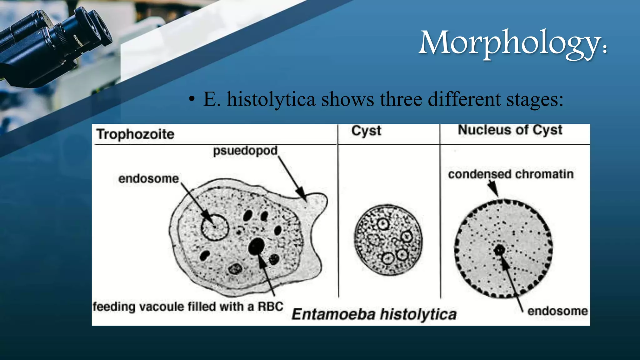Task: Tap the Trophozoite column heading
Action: (135, 134)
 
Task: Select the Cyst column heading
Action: (366, 131)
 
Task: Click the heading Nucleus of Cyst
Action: (510, 130)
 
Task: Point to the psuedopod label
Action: (245, 151)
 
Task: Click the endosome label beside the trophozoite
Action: (148, 178)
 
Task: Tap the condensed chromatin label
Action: (511, 174)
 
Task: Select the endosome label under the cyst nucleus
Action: (557, 311)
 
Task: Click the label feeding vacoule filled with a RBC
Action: (188, 306)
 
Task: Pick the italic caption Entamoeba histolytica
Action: (374, 314)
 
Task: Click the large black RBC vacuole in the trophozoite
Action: (257, 246)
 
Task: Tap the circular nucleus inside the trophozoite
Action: (215, 227)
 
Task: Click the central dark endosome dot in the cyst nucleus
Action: (500, 250)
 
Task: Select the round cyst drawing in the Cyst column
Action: (388, 240)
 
